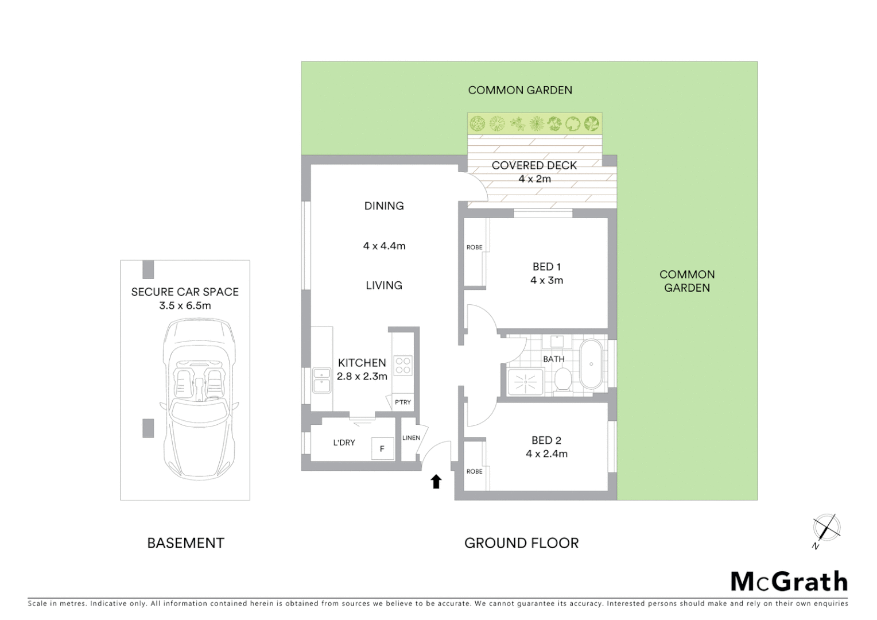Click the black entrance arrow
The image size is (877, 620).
tap(436, 481)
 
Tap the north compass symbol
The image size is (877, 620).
tap(826, 528)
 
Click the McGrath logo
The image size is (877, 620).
tap(789, 582)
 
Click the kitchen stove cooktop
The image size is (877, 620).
tap(403, 366)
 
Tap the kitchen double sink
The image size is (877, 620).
tap(321, 380)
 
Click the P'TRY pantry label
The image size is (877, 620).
tap(403, 402)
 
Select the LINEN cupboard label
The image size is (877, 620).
tap(411, 438)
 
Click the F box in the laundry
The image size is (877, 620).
tap(382, 448)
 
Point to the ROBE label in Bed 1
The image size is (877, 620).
tap(474, 247)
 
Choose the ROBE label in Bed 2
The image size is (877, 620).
tap(474, 471)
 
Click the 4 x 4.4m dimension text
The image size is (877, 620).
tap(384, 246)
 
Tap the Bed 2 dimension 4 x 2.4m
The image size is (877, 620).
tap(546, 454)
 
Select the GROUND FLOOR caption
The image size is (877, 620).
tap(521, 543)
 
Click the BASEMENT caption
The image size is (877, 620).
tap(185, 543)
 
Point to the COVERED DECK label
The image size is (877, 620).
tap(534, 165)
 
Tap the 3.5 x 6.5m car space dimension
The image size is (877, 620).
tap(185, 305)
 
